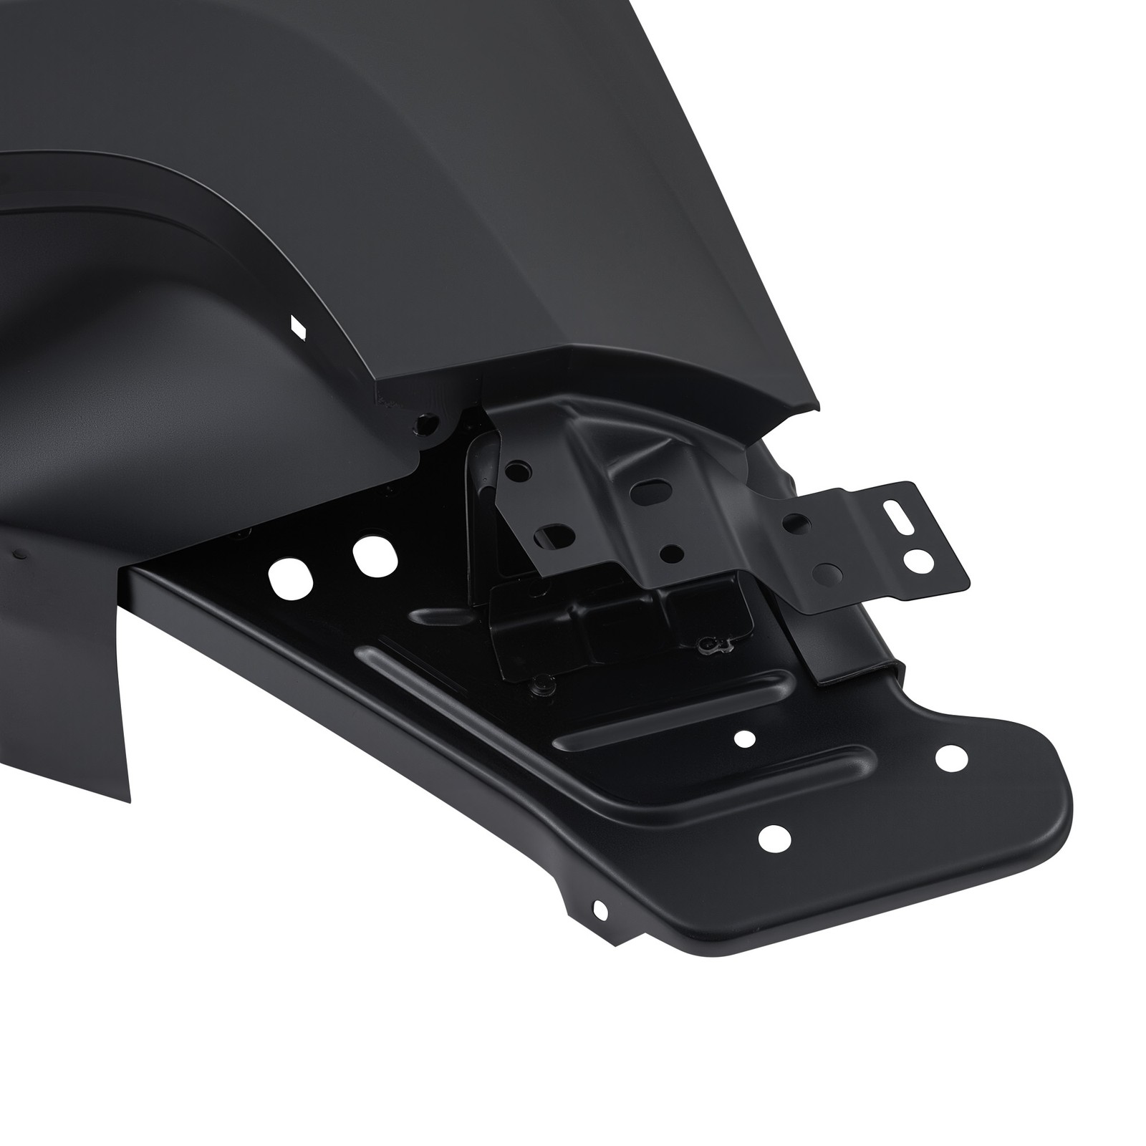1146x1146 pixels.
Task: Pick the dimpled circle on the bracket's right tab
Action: [829, 572]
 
